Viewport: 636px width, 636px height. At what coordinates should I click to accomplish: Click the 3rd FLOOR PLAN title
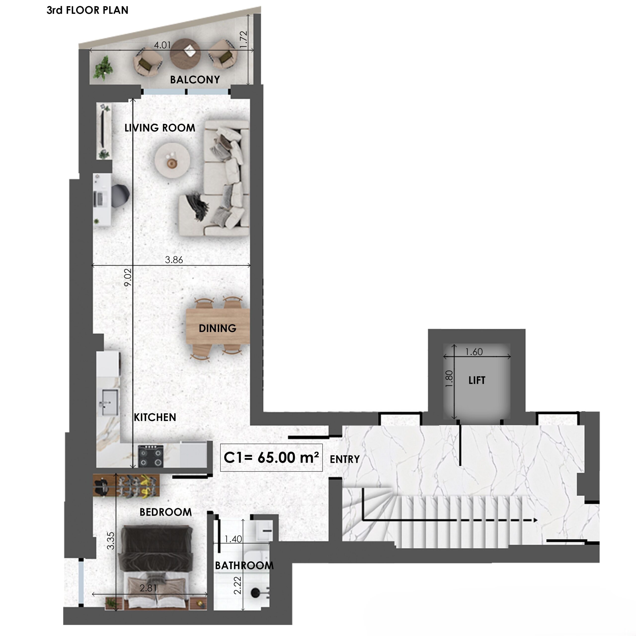[87, 10]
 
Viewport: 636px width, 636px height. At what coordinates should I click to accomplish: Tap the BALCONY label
[195, 80]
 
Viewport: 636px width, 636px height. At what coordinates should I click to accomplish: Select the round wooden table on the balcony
[185, 54]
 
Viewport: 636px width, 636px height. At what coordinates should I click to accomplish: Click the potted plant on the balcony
[103, 68]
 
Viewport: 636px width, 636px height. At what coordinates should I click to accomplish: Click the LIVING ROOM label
[160, 128]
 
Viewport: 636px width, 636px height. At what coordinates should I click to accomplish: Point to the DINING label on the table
[218, 328]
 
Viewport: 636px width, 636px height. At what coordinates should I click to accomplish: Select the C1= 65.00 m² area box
[271, 458]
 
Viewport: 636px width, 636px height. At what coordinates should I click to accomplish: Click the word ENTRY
[345, 459]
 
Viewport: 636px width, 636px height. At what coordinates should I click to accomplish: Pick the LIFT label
[477, 381]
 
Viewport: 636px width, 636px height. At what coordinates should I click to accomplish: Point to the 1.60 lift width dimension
[474, 352]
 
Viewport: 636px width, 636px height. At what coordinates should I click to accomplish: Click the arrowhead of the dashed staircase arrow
[535, 520]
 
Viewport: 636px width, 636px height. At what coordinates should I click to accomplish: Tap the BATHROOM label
[244, 565]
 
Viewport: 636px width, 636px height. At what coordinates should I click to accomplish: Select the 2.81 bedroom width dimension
[148, 588]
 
